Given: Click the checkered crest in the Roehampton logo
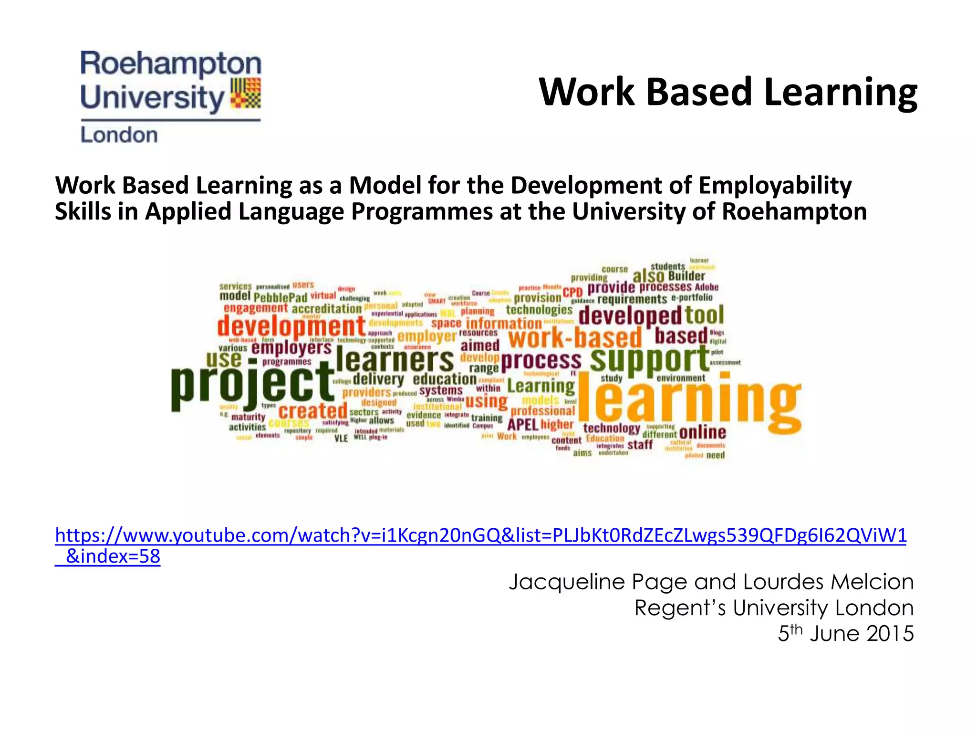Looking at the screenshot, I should [246, 94].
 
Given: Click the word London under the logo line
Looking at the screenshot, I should [119, 135].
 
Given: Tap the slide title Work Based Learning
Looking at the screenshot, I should [728, 92].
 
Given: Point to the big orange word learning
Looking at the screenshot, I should [689, 401].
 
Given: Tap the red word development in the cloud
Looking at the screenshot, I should [291, 326].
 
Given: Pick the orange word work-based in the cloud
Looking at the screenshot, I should [575, 337].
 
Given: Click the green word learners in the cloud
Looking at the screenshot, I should [395, 360].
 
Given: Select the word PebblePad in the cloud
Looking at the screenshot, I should [280, 297].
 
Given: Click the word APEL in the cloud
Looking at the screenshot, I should [522, 424].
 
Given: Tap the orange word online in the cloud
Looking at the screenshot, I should [702, 432].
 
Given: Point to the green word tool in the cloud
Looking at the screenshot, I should [704, 315].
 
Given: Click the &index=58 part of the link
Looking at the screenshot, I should [113, 556].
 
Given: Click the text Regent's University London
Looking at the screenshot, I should [773, 607].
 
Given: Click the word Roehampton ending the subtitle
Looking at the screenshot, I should [794, 211].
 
